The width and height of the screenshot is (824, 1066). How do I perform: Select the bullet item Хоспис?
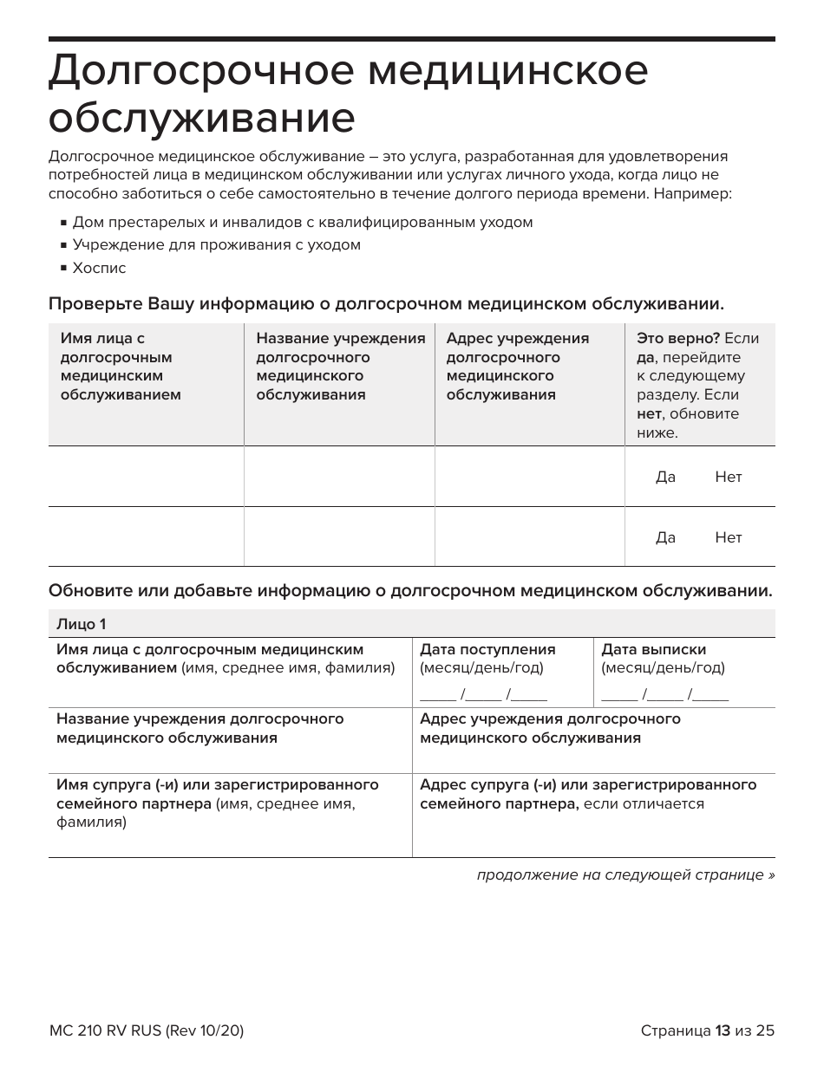click(x=99, y=268)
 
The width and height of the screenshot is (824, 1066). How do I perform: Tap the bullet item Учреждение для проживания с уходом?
click(x=216, y=244)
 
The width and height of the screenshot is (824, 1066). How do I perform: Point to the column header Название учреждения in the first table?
click(x=340, y=339)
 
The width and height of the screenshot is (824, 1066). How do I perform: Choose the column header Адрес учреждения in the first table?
click(x=517, y=339)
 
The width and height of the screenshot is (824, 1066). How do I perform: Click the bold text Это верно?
click(x=678, y=339)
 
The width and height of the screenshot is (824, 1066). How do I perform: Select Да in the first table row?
click(x=665, y=477)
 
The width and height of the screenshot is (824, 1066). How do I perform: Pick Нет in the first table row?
click(x=728, y=477)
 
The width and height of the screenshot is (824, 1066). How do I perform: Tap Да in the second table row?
click(x=665, y=537)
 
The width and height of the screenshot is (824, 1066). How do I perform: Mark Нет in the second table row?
click(x=728, y=537)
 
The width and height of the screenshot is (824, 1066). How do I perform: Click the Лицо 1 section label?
click(x=82, y=624)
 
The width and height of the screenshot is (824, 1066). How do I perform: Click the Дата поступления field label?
click(x=487, y=649)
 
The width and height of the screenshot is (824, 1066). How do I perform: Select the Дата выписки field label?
click(x=653, y=649)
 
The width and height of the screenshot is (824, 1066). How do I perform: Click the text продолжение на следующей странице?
click(x=625, y=874)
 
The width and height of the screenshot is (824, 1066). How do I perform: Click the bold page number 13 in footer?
click(x=723, y=1030)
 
